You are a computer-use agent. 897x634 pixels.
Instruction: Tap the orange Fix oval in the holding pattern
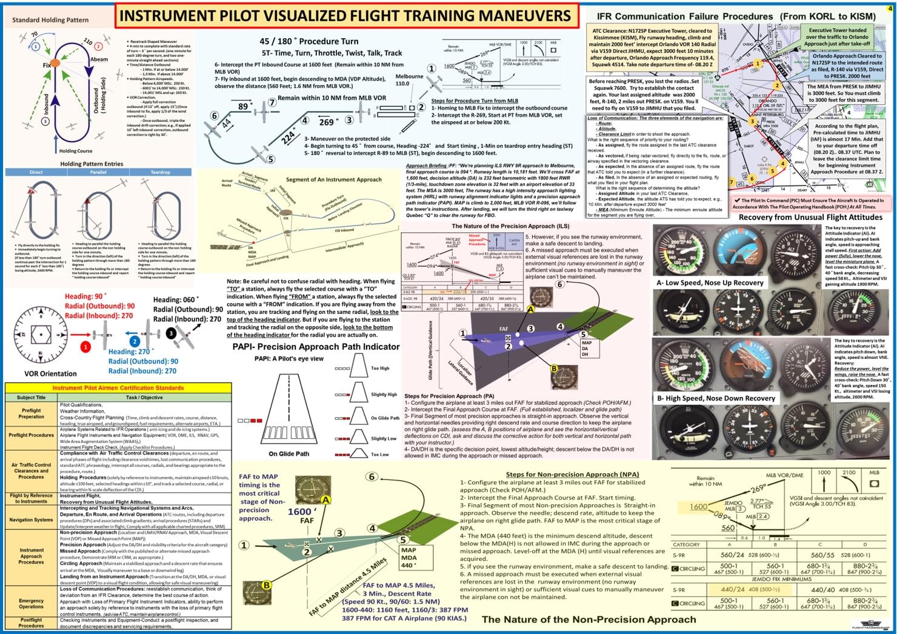coord(55,62)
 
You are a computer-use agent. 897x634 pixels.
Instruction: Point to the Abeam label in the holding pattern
coord(99,59)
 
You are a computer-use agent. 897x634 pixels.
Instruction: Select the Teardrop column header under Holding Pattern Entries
coord(161,172)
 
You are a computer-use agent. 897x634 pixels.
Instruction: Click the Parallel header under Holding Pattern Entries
coord(98,172)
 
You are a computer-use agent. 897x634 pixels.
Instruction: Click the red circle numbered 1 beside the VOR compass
coord(85,347)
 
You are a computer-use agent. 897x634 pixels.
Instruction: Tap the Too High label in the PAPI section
coord(380,368)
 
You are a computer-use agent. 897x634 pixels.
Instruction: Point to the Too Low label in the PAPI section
coord(380,454)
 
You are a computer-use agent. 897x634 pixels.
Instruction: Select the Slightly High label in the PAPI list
coord(384,394)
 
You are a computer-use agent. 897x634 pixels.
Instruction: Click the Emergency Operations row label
coord(31,603)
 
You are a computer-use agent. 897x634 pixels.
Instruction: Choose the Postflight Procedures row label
coord(31,622)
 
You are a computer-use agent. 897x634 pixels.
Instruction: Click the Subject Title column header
coord(31,398)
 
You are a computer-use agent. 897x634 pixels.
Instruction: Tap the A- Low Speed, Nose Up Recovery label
coord(710,282)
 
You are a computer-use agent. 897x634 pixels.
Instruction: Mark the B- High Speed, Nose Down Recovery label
coord(716,398)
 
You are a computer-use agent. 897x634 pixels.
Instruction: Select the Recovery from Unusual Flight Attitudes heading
coord(810,217)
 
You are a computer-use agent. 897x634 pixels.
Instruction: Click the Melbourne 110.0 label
coord(410,80)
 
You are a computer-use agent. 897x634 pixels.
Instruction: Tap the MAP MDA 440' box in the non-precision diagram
coord(409,558)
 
